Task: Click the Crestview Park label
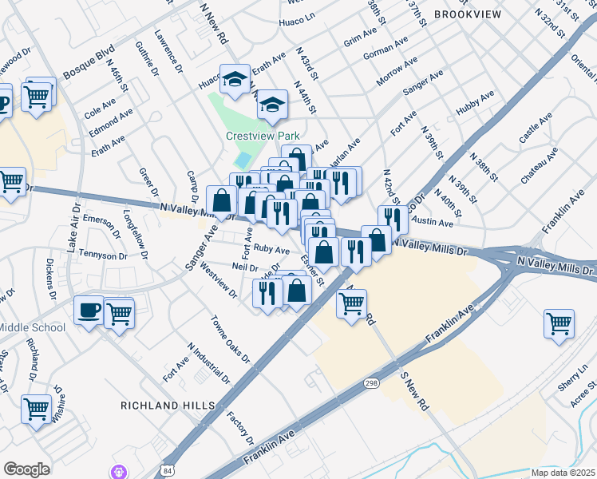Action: pos(256,136)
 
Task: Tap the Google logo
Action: pos(26,469)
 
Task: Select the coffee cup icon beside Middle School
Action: pos(88,310)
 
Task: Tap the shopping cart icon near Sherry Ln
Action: pos(559,323)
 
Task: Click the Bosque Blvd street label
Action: pos(89,61)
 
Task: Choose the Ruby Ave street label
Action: pos(271,250)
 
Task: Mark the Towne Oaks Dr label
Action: pos(230,338)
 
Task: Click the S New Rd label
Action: pos(414,391)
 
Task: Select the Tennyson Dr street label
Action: pos(105,256)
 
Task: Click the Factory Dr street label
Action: pos(239,429)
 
